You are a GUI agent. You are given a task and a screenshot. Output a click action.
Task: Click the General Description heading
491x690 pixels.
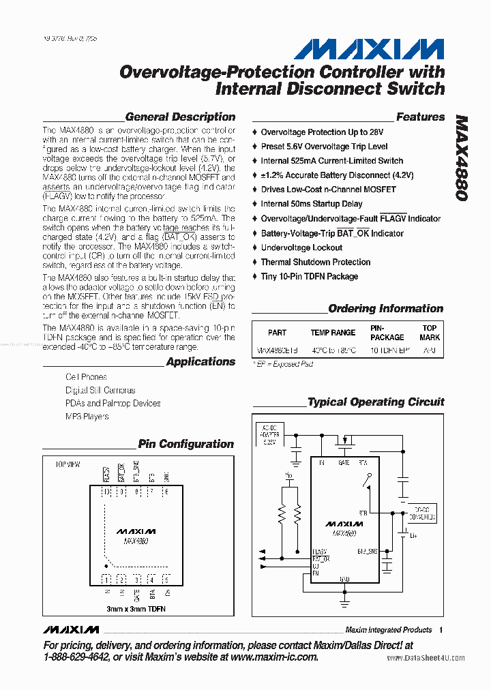point(180,117)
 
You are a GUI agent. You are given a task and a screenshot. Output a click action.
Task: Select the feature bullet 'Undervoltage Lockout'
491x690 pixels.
point(301,247)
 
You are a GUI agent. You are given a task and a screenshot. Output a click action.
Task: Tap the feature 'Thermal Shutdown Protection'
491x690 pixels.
point(315,262)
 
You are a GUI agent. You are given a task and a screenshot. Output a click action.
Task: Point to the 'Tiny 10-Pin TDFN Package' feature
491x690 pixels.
point(309,276)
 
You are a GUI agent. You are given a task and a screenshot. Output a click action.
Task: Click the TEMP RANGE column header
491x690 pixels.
point(333,333)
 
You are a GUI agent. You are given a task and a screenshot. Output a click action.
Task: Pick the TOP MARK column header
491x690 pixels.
point(430,333)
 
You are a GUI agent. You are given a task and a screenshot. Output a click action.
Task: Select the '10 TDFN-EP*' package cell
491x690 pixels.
point(391,350)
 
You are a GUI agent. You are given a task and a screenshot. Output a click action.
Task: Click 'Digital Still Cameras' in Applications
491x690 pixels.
point(100,390)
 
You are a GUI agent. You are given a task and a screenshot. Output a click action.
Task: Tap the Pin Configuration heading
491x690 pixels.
point(185,444)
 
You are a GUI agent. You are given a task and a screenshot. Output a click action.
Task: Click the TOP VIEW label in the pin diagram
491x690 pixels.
point(67,464)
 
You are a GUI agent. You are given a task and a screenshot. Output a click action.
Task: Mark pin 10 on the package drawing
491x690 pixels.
point(106,492)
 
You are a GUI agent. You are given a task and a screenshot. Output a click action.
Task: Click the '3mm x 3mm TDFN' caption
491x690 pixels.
point(136,608)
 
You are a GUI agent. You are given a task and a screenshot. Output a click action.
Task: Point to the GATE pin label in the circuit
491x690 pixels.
point(344,463)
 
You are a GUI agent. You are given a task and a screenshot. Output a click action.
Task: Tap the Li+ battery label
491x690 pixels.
point(413,537)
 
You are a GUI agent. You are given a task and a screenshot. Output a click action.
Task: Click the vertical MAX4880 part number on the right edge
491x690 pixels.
point(462,156)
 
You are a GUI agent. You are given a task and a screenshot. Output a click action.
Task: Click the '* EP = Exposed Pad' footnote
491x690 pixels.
point(283,364)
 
